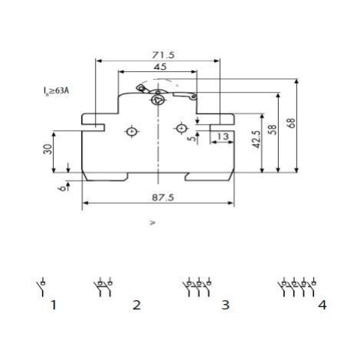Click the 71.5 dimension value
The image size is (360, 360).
click(x=163, y=55)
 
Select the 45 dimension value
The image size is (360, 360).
click(x=160, y=67)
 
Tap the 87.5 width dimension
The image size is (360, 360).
click(x=163, y=198)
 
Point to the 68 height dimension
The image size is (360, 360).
click(x=292, y=123)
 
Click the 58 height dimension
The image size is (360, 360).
click(x=273, y=129)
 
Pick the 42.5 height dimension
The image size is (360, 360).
click(x=257, y=139)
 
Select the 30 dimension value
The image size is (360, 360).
click(x=47, y=149)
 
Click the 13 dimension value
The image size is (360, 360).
click(x=223, y=136)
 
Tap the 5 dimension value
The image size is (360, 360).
click(x=193, y=138)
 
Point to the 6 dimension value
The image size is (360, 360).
click(x=61, y=188)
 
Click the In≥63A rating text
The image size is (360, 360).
click(x=56, y=90)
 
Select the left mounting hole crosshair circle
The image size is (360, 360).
click(x=132, y=132)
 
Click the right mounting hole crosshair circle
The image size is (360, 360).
click(x=182, y=128)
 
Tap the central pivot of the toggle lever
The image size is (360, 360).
click(x=158, y=100)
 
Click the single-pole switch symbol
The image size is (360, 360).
click(x=41, y=287)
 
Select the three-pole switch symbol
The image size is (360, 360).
click(x=197, y=287)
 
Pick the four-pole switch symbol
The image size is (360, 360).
click(x=297, y=287)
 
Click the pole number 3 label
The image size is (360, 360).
click(x=225, y=305)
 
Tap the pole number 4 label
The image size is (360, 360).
click(x=322, y=305)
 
